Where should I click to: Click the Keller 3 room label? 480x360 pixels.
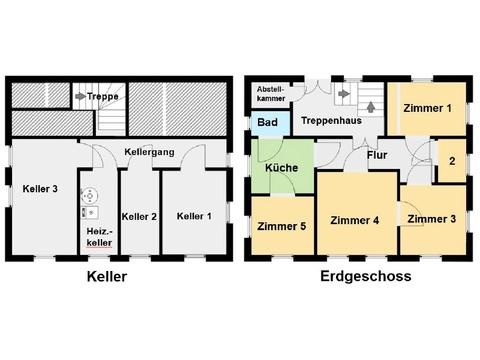(40, 189)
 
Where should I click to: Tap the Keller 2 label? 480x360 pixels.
(139, 217)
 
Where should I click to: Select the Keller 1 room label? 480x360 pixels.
(194, 216)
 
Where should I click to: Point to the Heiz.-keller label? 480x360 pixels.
(99, 237)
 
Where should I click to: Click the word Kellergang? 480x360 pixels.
(149, 152)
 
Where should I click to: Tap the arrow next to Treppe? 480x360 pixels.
(80, 96)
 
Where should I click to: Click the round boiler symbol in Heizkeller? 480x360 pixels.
(90, 195)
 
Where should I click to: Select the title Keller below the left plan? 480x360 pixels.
(107, 277)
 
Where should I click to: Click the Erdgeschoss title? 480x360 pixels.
(366, 276)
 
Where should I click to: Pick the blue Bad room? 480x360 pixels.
(271, 123)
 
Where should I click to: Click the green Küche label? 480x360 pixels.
(281, 168)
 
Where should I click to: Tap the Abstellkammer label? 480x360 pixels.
(271, 94)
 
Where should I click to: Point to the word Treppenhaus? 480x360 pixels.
(331, 120)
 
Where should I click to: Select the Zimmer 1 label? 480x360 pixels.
(427, 108)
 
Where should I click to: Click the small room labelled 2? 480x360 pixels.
(452, 161)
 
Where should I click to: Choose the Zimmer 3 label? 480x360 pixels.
(432, 219)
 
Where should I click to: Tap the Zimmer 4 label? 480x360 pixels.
(355, 220)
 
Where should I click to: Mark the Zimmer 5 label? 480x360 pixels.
(282, 226)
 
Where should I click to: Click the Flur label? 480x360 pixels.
(377, 155)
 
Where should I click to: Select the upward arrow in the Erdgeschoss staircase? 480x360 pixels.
(371, 107)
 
